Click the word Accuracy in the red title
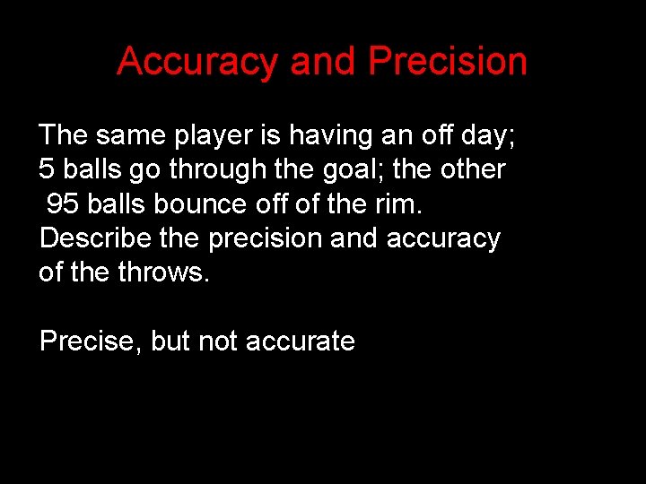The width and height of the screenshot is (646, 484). [x=197, y=62]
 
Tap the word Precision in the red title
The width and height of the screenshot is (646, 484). [x=447, y=62]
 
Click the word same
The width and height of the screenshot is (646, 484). [x=124, y=136]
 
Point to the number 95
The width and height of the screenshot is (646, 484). [x=63, y=204]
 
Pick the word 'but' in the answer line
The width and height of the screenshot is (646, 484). [x=170, y=341]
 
